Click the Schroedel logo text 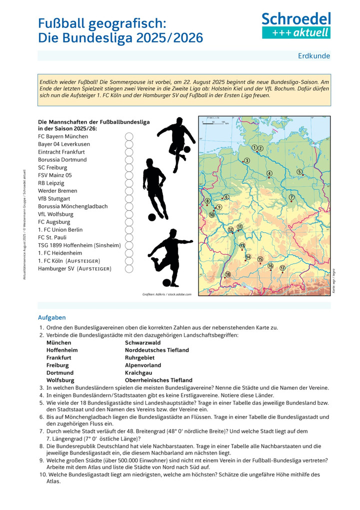click(296, 19)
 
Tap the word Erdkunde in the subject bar click(314, 56)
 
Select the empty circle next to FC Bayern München click(129, 137)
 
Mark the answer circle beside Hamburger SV click(129, 269)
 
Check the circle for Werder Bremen click(129, 191)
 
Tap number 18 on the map click(228, 274)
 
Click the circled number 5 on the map click(299, 172)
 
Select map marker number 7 click(291, 197)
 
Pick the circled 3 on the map click(246, 161)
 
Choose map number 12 click(230, 229)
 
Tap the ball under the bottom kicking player click(166, 283)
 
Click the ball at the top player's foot click(187, 149)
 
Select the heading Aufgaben click(51, 317)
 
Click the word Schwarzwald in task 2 click(143, 343)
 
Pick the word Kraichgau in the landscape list click(139, 373)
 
